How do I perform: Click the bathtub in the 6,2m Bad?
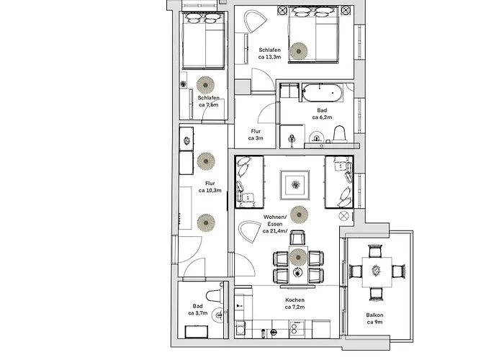click(322, 93)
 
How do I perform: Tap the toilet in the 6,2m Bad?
click(341, 134)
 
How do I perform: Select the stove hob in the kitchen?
click(296, 330)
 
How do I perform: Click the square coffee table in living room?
click(294, 186)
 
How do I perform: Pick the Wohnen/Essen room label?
click(275, 224)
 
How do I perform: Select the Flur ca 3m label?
click(256, 135)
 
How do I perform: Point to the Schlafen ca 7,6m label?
click(208, 102)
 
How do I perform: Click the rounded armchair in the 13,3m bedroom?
click(254, 21)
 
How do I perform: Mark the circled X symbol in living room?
click(343, 215)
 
